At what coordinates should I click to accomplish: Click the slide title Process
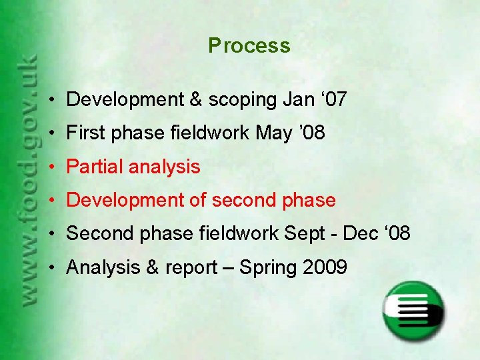tap(249, 46)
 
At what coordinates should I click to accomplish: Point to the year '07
tap(333, 100)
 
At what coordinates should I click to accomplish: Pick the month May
tap(273, 133)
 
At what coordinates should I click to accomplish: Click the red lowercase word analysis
tap(165, 167)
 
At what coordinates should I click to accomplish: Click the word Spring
tap(269, 268)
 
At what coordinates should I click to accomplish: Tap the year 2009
tap(325, 268)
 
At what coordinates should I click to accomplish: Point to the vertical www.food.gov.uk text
tap(28, 180)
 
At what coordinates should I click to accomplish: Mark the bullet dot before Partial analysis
tap(51, 167)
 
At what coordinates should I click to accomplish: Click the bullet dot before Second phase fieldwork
tap(51, 235)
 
